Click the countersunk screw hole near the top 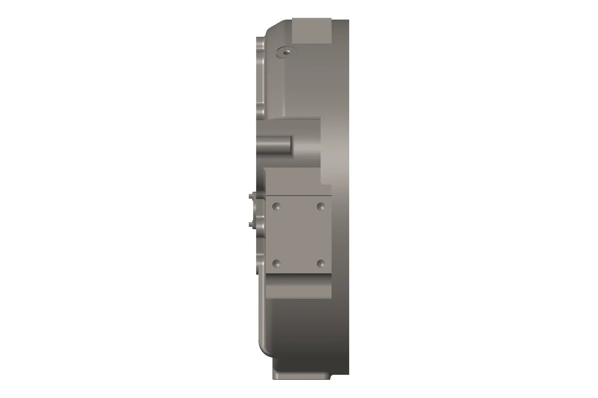pyautogui.click(x=285, y=51)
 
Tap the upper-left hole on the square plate pyautogui.click(x=276, y=206)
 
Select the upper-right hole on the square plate pyautogui.click(x=321, y=206)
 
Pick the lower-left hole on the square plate pyautogui.click(x=276, y=263)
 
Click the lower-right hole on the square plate pyautogui.click(x=321, y=263)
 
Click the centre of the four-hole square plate pyautogui.click(x=299, y=235)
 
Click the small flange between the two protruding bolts pyautogui.click(x=258, y=211)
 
